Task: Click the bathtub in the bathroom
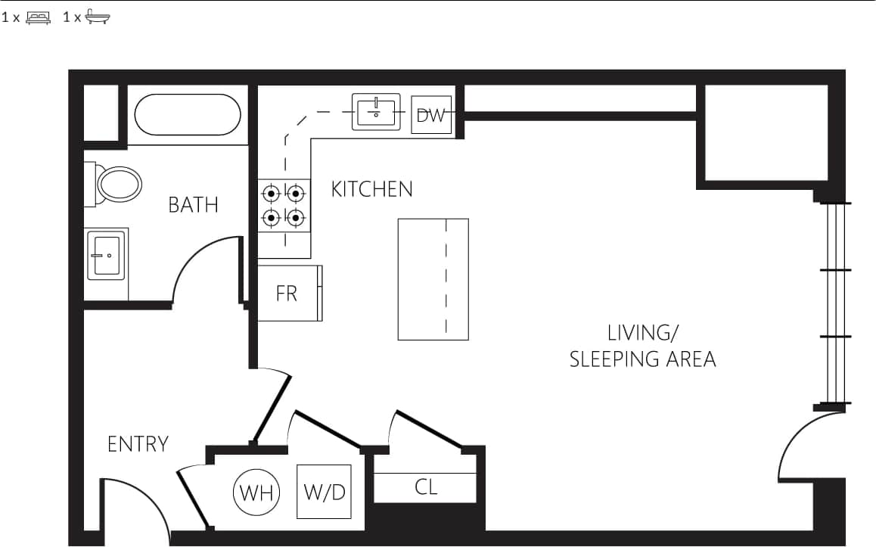click(x=188, y=114)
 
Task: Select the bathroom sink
click(x=105, y=255)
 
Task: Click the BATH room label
click(x=193, y=205)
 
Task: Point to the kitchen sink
click(x=376, y=112)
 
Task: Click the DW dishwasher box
click(x=431, y=116)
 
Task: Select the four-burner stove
click(x=284, y=206)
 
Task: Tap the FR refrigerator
click(x=288, y=294)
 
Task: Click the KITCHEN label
click(x=371, y=189)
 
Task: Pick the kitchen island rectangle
click(x=433, y=279)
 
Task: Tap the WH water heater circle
click(x=256, y=493)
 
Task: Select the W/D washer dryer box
click(x=324, y=492)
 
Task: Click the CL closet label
click(x=426, y=487)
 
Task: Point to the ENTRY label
click(x=138, y=444)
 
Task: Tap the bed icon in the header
click(x=38, y=17)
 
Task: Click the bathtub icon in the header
click(x=98, y=17)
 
